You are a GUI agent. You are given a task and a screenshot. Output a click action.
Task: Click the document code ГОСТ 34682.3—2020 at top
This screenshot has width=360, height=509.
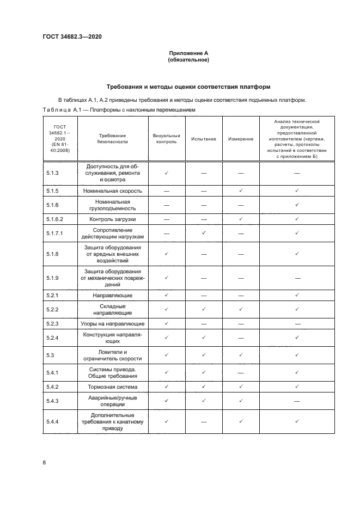click(x=72, y=37)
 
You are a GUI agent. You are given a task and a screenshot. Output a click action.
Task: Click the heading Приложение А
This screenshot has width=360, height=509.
click(x=188, y=53)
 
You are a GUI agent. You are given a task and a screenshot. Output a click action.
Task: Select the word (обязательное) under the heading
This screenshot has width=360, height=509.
click(x=188, y=60)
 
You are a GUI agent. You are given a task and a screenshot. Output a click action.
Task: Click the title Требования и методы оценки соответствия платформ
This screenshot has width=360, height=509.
click(x=188, y=87)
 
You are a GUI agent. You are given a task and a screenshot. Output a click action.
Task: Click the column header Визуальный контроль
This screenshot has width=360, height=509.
click(x=166, y=139)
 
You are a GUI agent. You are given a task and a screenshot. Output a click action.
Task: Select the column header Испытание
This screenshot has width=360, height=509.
click(x=203, y=139)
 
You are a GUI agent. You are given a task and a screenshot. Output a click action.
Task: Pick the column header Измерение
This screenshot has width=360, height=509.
click(x=240, y=139)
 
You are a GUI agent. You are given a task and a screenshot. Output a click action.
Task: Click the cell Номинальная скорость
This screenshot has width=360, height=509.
click(x=112, y=191)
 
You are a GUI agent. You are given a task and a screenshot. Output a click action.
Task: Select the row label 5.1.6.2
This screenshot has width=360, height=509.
click(x=54, y=219)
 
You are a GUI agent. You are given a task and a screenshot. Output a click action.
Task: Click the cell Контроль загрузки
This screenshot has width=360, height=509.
click(x=112, y=219)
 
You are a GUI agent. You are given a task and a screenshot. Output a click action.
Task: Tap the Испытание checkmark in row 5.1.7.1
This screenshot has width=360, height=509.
click(x=203, y=233)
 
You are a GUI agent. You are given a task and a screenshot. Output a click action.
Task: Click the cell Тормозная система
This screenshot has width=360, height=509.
click(x=112, y=387)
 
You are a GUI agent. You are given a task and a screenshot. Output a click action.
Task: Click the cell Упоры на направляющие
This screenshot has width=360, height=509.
click(x=112, y=323)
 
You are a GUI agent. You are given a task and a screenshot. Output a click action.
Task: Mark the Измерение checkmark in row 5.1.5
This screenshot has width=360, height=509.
click(x=240, y=191)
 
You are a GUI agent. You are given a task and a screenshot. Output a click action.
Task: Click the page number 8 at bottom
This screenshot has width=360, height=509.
click(x=44, y=462)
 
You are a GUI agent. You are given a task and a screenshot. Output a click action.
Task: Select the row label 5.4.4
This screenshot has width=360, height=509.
click(x=53, y=421)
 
